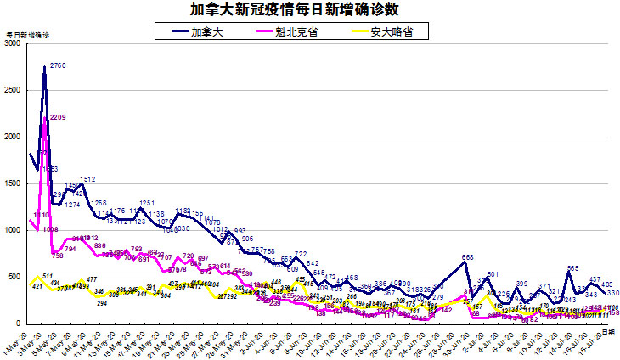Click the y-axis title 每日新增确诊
point(28,35)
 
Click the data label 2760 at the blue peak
point(59,65)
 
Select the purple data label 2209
point(59,117)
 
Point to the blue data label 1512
point(87,179)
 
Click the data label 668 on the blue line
point(467,257)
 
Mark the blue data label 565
point(572,268)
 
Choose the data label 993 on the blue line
point(240,231)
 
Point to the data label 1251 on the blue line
point(147,204)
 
